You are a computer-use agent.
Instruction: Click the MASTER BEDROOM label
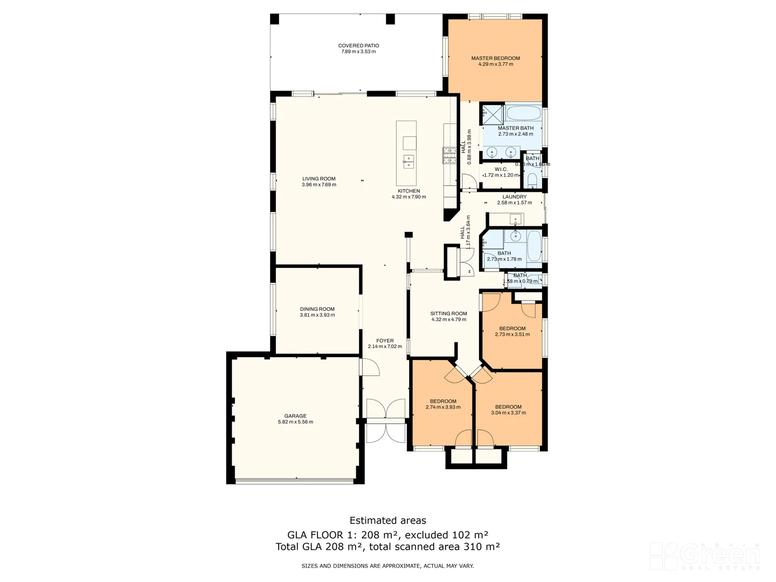(495, 58)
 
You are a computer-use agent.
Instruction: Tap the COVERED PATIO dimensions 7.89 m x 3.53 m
(358, 52)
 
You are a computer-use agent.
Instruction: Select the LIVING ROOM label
(318, 179)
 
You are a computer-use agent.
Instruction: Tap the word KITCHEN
(408, 191)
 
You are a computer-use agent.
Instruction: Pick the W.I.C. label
(501, 169)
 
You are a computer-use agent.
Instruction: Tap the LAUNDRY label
(514, 197)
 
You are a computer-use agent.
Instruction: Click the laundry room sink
(516, 220)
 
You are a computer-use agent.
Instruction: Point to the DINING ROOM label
(317, 309)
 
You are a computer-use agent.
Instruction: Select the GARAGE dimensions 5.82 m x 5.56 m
(295, 422)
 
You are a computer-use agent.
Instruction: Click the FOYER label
(385, 341)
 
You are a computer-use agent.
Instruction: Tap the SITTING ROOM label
(448, 314)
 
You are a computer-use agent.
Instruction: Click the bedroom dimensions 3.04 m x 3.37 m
(508, 413)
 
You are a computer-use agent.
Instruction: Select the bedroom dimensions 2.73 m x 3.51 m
(512, 334)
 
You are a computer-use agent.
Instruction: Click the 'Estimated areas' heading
(387, 521)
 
